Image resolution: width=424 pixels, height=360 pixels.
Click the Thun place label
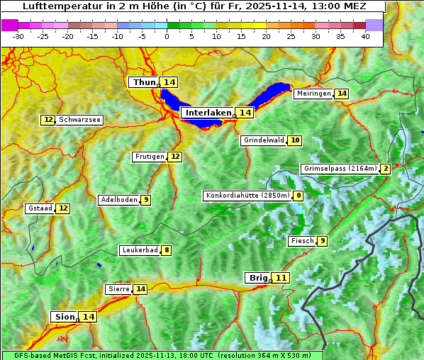[144, 83]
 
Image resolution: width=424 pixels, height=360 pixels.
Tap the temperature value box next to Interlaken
[245, 113]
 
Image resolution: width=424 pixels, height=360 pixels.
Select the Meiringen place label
[313, 94]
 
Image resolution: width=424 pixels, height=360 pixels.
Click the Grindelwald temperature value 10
[295, 140]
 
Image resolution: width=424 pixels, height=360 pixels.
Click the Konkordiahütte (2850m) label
[247, 196]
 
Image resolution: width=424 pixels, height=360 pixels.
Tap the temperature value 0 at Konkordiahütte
[298, 196]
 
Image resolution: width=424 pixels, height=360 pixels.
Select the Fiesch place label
[301, 241]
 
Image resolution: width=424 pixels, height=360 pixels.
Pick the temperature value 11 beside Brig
[281, 278]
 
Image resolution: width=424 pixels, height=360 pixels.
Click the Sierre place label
[118, 289]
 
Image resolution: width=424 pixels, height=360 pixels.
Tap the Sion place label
[63, 317]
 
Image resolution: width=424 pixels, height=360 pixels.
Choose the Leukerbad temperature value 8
[167, 250]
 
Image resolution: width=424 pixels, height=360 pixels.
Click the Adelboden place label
[118, 200]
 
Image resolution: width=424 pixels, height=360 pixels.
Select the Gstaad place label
[40, 208]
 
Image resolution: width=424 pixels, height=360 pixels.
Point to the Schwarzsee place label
[79, 120]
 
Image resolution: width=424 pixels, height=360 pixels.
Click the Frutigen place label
[150, 157]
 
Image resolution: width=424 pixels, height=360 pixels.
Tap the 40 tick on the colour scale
[365, 35]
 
